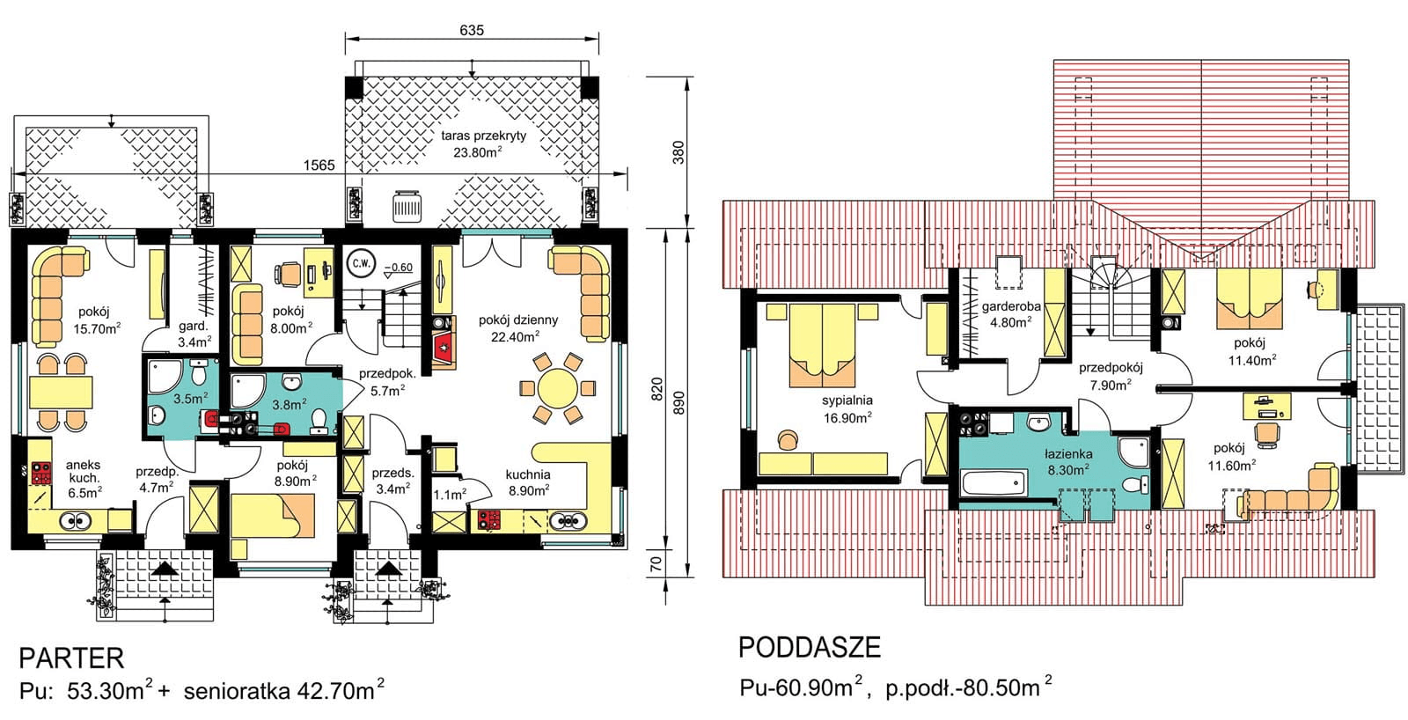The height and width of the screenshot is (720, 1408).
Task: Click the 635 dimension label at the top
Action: click(x=472, y=30)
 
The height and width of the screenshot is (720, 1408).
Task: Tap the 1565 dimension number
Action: click(x=319, y=165)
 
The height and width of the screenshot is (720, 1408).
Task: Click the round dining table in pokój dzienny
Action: click(x=557, y=388)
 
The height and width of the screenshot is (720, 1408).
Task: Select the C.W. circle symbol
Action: click(x=360, y=262)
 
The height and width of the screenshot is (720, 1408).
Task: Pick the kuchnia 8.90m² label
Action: click(x=528, y=482)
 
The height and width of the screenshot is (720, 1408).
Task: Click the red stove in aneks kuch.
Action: click(x=40, y=474)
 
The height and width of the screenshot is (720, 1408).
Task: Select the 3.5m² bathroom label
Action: click(x=190, y=398)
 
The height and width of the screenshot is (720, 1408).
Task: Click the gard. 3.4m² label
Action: click(x=194, y=334)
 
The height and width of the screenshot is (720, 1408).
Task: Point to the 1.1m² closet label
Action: click(x=450, y=495)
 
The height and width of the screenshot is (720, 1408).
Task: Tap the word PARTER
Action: click(x=71, y=658)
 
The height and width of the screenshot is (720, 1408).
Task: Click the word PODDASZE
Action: click(x=809, y=648)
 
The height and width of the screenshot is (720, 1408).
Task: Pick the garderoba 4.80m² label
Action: click(x=1011, y=314)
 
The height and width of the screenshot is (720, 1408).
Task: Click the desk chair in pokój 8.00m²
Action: click(x=288, y=275)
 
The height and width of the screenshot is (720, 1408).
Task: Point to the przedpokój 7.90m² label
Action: click(x=1111, y=377)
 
